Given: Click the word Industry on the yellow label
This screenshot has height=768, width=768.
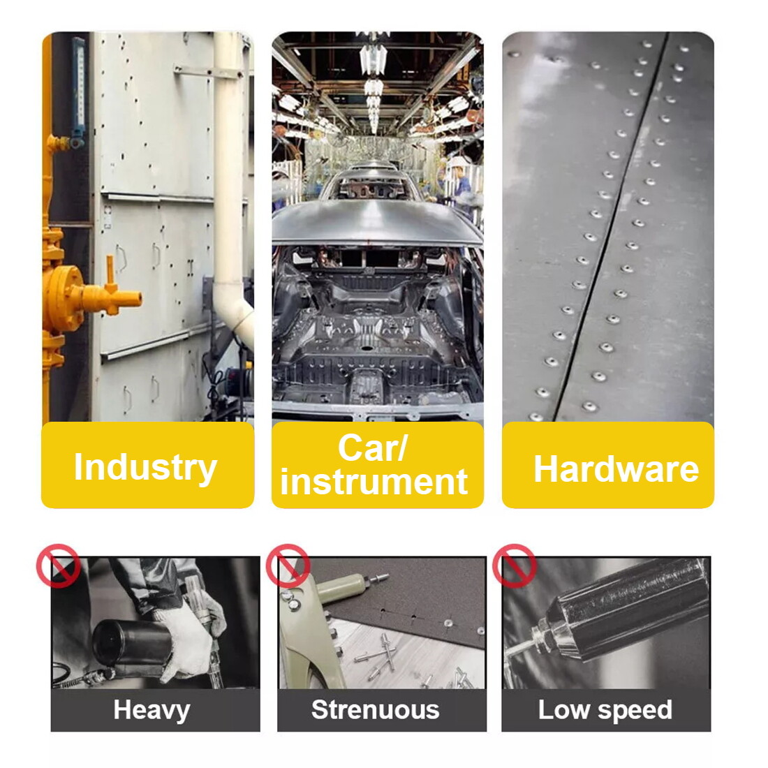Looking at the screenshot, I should [x=145, y=467].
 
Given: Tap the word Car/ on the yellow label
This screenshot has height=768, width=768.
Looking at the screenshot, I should [x=372, y=448].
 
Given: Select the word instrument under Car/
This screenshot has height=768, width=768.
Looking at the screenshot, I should [x=374, y=482].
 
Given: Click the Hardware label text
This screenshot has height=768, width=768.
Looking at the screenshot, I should [x=616, y=468].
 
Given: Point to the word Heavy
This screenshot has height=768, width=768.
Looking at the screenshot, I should [x=152, y=710].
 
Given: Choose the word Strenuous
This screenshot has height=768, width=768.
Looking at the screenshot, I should [x=375, y=710].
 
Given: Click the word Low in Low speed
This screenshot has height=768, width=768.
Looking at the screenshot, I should [x=563, y=710].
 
